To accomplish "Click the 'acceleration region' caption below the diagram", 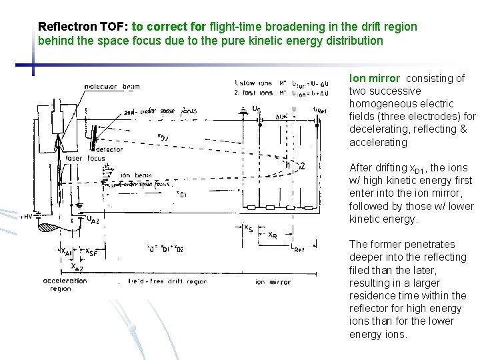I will coord(65,285).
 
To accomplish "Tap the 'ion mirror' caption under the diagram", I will coord(273,282).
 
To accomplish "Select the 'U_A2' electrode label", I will coord(93,219).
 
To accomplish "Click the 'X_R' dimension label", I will coord(273,235).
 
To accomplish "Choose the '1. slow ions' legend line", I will coord(253,82).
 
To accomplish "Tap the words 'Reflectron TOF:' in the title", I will coord(83,27).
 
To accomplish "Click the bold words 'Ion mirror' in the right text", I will coord(375,78).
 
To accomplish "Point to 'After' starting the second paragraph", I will coord(361,167).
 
